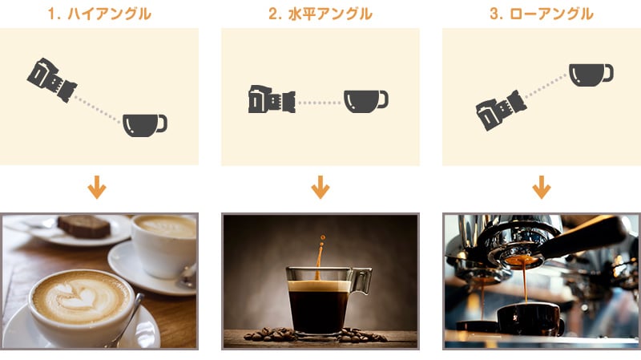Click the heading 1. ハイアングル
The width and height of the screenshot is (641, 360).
click(99, 14)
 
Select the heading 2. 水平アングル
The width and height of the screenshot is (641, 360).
click(320, 14)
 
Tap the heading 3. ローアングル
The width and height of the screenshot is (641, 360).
click(542, 14)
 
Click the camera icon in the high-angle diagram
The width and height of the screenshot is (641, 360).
click(52, 79)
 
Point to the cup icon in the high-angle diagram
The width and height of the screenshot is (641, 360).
click(145, 125)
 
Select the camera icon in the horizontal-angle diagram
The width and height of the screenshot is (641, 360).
click(272, 99)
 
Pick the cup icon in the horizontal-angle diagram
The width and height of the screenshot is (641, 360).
click(366, 101)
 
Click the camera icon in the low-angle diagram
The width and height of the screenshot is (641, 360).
click(501, 111)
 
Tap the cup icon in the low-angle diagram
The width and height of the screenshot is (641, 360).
click(591, 75)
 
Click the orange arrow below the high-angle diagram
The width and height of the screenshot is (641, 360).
click(97, 187)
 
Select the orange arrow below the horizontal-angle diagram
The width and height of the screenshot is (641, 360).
click(320, 187)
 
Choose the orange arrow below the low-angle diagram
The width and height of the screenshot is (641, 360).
click(542, 187)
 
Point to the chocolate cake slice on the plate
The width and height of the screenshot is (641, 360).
click(84, 226)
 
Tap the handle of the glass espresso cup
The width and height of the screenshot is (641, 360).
click(361, 281)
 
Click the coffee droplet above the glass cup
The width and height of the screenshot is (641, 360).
click(323, 237)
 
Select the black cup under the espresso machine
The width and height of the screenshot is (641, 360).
click(530, 320)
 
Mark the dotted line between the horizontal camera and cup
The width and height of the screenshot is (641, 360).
click(320, 103)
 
